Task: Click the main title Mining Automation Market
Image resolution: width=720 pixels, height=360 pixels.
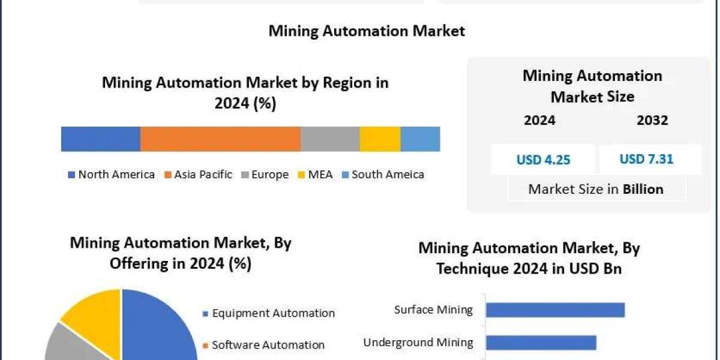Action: tap(367, 31)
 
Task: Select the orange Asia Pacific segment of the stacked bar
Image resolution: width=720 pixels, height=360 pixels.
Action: tap(220, 139)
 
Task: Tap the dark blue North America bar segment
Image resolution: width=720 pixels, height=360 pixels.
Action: tap(101, 139)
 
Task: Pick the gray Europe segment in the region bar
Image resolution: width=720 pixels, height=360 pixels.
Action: tap(330, 139)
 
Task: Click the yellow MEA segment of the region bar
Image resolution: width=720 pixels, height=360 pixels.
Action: tap(380, 139)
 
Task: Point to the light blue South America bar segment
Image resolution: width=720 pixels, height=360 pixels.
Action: tap(420, 139)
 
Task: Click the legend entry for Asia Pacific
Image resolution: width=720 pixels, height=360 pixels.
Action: tap(203, 175)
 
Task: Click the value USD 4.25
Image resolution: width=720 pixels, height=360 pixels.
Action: tap(543, 160)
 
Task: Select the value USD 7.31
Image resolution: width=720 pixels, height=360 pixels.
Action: tap(646, 159)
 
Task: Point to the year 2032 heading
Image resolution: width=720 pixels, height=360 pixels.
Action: tap(652, 120)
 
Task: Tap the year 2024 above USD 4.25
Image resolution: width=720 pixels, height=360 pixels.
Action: tap(539, 120)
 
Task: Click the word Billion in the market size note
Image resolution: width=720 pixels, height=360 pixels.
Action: tap(643, 189)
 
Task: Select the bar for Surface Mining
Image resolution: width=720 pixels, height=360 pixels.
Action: tap(555, 310)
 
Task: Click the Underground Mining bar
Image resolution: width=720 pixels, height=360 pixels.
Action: tap(541, 343)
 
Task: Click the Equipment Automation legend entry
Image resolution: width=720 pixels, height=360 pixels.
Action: tap(273, 313)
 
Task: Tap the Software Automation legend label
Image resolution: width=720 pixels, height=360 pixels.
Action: tap(268, 345)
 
